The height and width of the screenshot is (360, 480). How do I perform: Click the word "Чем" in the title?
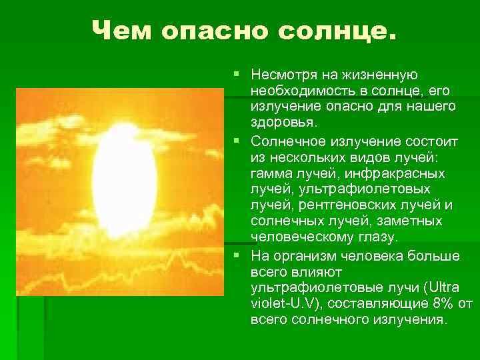click(x=121, y=30)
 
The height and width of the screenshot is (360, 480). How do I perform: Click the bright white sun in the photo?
click(x=124, y=181)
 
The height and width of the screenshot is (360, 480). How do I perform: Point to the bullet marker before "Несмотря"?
click(x=236, y=74)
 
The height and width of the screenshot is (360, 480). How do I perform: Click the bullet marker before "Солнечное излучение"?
click(x=236, y=141)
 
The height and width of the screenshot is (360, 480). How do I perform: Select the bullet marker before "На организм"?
click(x=236, y=255)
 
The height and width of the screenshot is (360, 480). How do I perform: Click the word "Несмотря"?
click(x=284, y=75)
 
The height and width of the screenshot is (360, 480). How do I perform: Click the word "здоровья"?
click(x=283, y=123)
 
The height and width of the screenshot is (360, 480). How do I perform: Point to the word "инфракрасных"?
click(x=395, y=174)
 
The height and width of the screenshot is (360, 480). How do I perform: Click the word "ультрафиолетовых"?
click(x=365, y=189)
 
